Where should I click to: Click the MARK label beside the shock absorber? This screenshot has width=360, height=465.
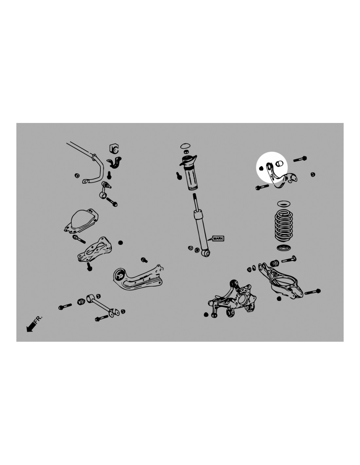pyautogui.click(x=218, y=238)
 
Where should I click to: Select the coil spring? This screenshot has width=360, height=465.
pyautogui.click(x=283, y=227)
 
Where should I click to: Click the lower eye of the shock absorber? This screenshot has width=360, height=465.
pyautogui.click(x=206, y=253)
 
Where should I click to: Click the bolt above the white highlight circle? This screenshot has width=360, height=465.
pyautogui.click(x=300, y=159)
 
